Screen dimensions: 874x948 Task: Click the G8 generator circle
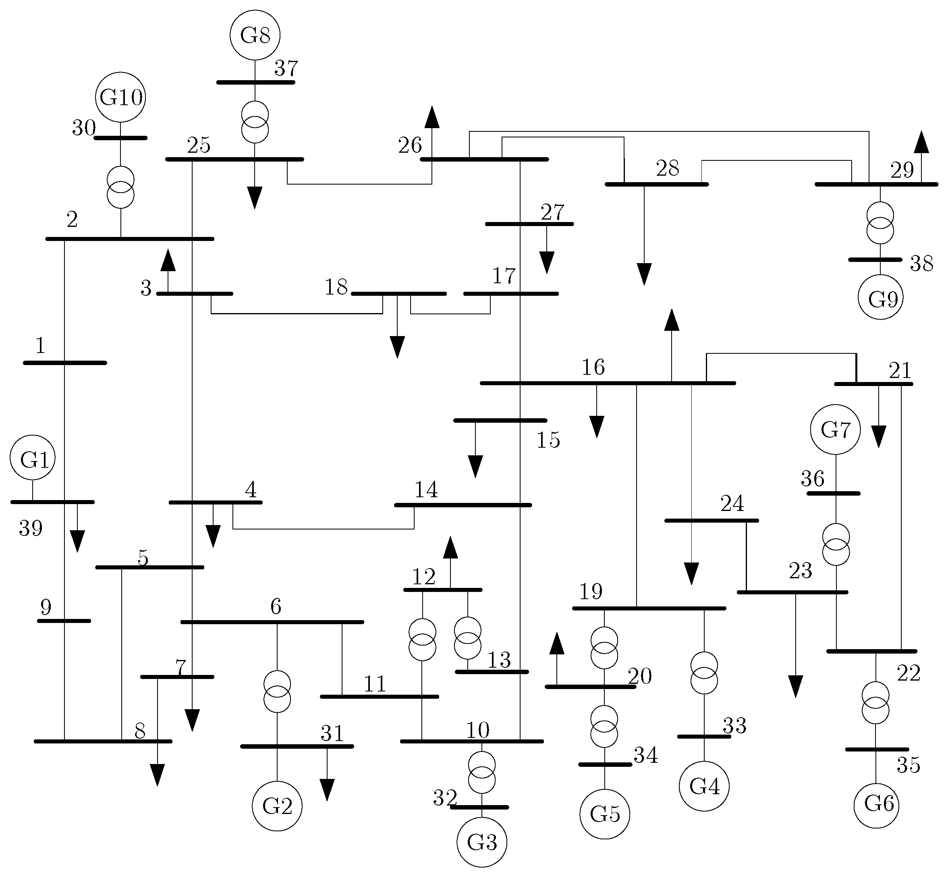[x=255, y=35]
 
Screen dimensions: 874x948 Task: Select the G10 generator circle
[x=120, y=98]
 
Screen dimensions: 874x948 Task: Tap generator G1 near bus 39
[x=33, y=458]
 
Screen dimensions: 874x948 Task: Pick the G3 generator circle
[x=482, y=842]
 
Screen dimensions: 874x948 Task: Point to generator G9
[x=880, y=297]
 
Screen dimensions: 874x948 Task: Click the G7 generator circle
[x=836, y=430]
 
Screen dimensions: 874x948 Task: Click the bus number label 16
[x=593, y=367]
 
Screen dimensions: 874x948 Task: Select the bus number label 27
[x=552, y=212]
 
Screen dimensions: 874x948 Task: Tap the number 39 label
[x=31, y=528]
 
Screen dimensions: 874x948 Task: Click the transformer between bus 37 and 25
[x=255, y=122]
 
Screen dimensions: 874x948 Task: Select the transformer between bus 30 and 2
[x=120, y=187]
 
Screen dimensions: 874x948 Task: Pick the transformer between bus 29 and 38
[x=880, y=223]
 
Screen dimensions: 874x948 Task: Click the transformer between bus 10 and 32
[x=482, y=772]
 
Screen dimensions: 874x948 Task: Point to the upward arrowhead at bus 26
[x=431, y=118]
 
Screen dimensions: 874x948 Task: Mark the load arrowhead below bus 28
[x=644, y=274]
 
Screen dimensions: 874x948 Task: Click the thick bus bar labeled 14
[x=463, y=505]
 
